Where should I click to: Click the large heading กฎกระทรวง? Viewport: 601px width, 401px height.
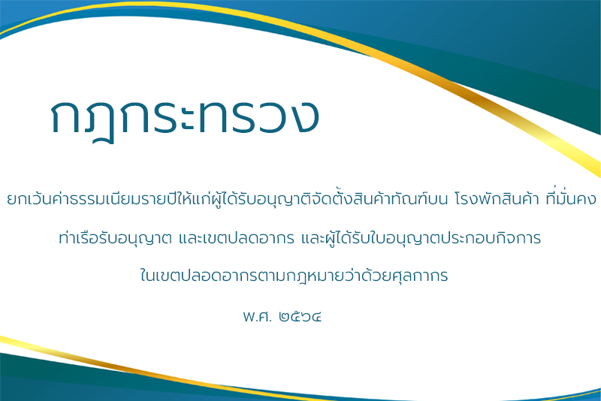[x=185, y=118]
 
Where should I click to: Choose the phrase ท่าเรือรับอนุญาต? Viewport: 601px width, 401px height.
[x=116, y=238]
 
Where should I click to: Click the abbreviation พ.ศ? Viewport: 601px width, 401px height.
[x=257, y=316]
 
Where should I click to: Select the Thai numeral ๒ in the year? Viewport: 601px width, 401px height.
[x=285, y=317]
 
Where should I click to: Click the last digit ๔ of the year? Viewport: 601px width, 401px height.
[x=316, y=317]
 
